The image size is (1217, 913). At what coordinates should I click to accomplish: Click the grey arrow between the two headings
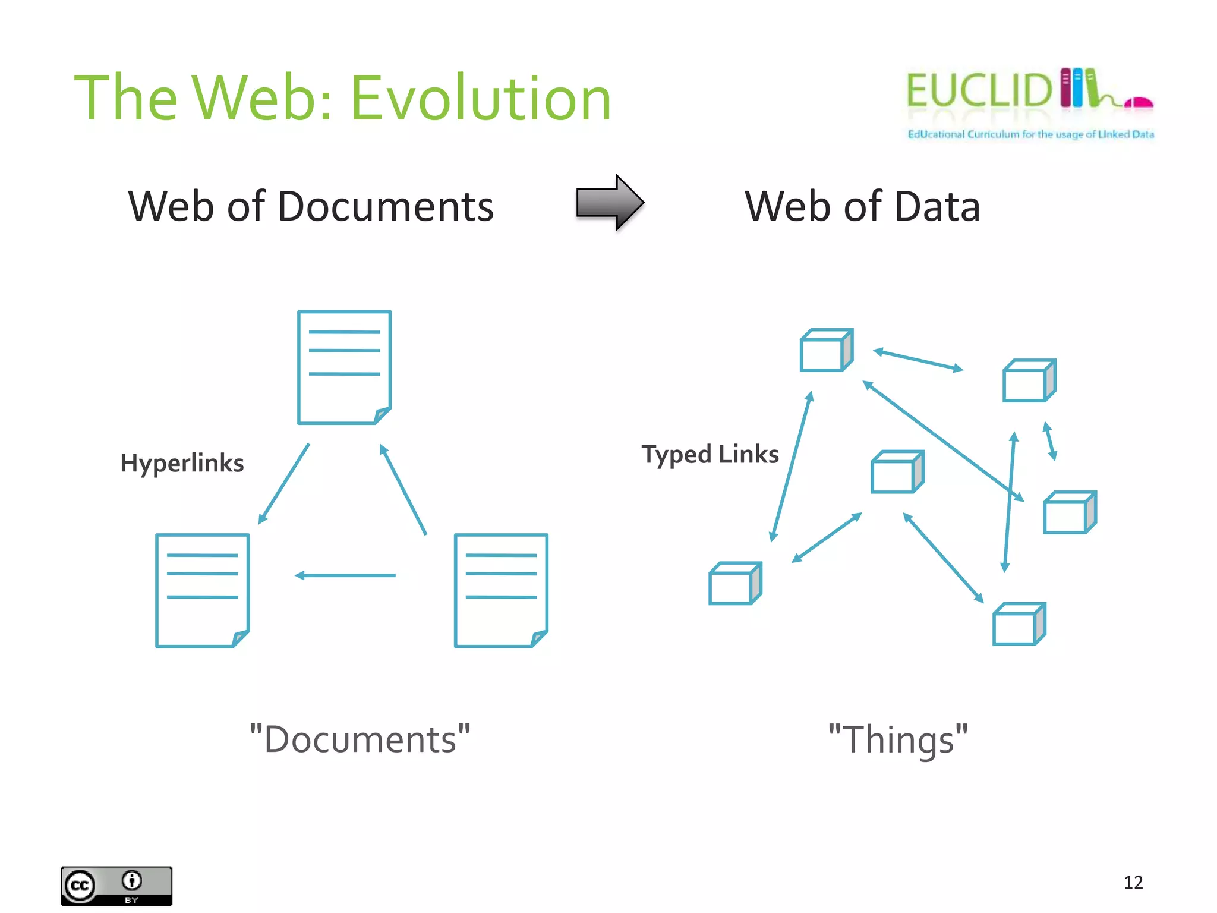pyautogui.click(x=610, y=203)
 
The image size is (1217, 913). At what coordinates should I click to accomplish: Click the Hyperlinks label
pyautogui.click(x=182, y=463)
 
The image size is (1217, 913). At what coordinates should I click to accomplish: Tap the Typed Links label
pyautogui.click(x=710, y=454)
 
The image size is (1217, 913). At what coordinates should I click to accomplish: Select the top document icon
pyautogui.click(x=344, y=367)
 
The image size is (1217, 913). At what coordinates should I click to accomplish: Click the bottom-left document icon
pyautogui.click(x=202, y=590)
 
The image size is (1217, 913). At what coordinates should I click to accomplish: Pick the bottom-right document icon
pyautogui.click(x=501, y=590)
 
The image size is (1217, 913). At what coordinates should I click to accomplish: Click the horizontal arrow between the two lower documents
pyautogui.click(x=345, y=575)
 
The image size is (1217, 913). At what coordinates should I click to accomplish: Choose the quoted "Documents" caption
pyautogui.click(x=360, y=739)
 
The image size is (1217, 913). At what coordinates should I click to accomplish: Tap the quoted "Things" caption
pyautogui.click(x=898, y=739)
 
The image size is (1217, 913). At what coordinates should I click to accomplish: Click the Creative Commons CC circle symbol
pyautogui.click(x=80, y=886)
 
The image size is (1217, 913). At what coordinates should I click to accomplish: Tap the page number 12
pyautogui.click(x=1133, y=883)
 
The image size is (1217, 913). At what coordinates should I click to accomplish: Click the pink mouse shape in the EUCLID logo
pyautogui.click(x=1139, y=103)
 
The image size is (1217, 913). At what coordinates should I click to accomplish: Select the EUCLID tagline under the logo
pyautogui.click(x=1030, y=134)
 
